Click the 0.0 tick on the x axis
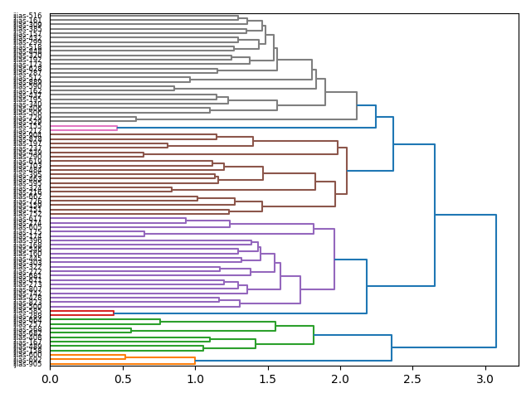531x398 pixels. coord(50,379)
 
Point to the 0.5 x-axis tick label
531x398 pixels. coord(122,379)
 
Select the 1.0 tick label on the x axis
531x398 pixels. coord(195,379)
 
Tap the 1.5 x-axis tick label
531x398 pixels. coord(267,379)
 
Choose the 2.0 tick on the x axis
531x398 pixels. coord(339,379)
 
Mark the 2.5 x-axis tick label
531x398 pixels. coord(412,379)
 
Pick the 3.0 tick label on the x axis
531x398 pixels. coord(485,379)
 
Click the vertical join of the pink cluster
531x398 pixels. coord(117,128)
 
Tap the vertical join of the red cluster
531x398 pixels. coord(114,313)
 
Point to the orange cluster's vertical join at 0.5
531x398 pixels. coord(125,357)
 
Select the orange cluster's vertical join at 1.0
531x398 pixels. coord(195,360)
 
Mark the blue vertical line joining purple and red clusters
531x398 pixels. coord(367,287)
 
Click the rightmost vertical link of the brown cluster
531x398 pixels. coord(347,171)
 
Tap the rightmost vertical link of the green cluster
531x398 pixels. coord(314,335)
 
